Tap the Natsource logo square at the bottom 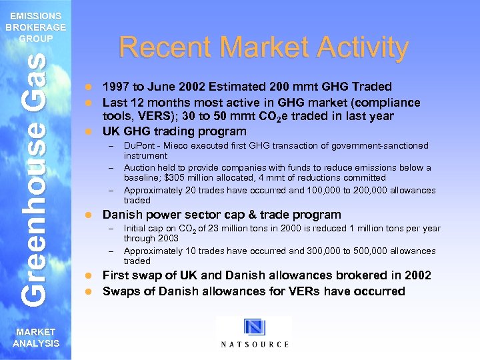(255, 328)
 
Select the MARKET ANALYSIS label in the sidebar (36, 337)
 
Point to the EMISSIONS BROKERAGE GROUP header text (36, 27)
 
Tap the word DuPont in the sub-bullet (138, 145)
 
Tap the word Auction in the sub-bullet (139, 168)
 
